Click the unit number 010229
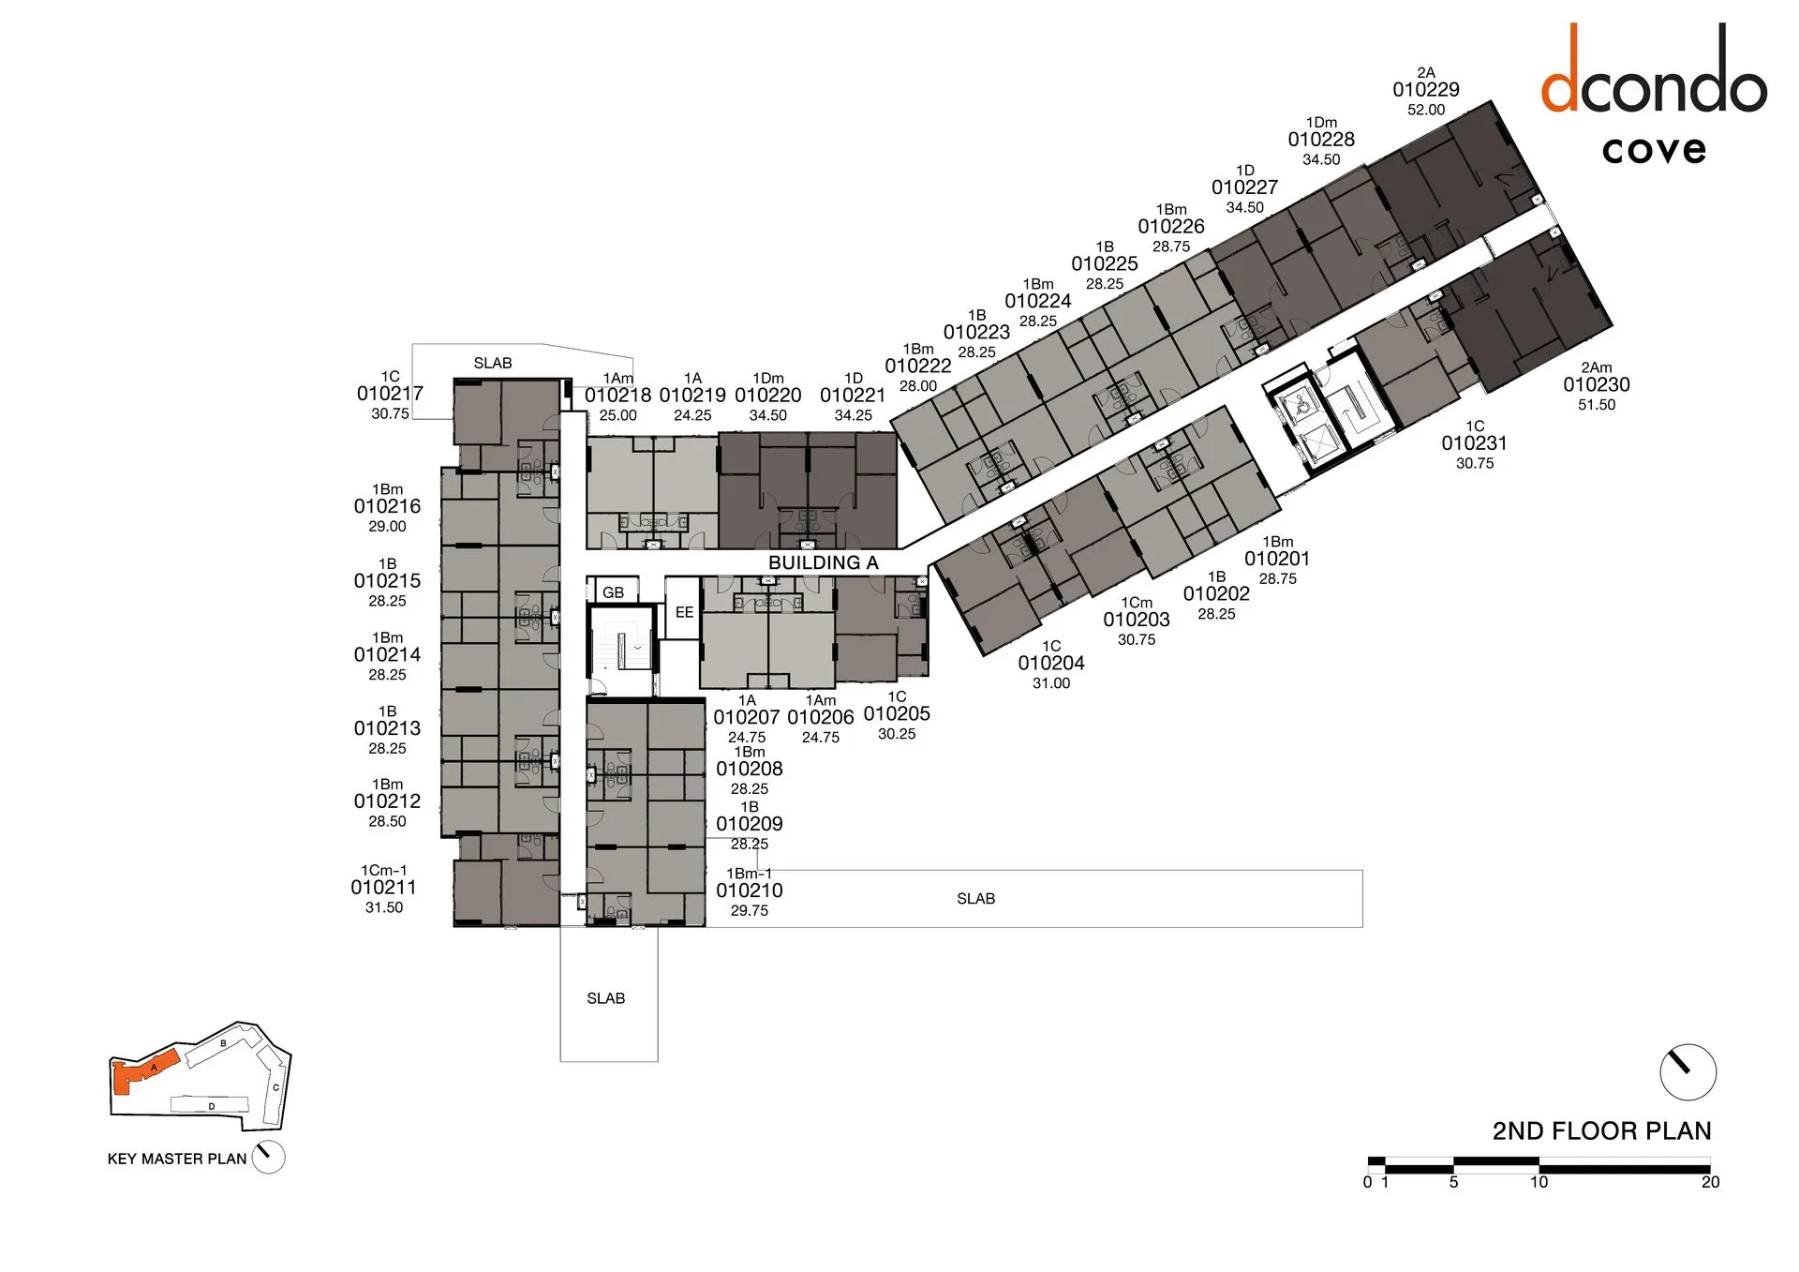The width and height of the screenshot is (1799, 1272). pyautogui.click(x=1425, y=90)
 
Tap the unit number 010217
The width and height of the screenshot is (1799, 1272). pyautogui.click(x=390, y=394)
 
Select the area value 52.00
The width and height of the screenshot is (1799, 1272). pyautogui.click(x=1425, y=110)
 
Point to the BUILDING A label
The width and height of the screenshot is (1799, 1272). pyautogui.click(x=823, y=562)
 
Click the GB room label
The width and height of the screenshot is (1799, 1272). pyautogui.click(x=613, y=592)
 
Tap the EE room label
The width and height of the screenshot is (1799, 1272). pyautogui.click(x=684, y=612)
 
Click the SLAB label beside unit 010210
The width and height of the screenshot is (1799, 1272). pyautogui.click(x=975, y=898)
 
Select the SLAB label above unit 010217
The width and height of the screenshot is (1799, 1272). pyautogui.click(x=493, y=363)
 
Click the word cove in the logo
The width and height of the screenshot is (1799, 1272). pyautogui.click(x=1654, y=150)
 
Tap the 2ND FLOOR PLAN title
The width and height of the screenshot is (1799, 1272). pyautogui.click(x=1601, y=1130)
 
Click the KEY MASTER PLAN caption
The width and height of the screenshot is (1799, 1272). pyautogui.click(x=177, y=1159)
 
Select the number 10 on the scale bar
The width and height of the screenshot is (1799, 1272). pyautogui.click(x=1539, y=1183)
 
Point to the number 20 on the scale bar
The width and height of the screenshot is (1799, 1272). pyautogui.click(x=1710, y=1183)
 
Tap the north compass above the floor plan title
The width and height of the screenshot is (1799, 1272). pyautogui.click(x=1687, y=1071)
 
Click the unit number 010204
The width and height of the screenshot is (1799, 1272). pyautogui.click(x=1051, y=663)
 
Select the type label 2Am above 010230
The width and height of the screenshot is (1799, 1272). pyautogui.click(x=1596, y=367)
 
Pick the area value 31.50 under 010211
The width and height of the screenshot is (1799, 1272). pyautogui.click(x=384, y=907)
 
